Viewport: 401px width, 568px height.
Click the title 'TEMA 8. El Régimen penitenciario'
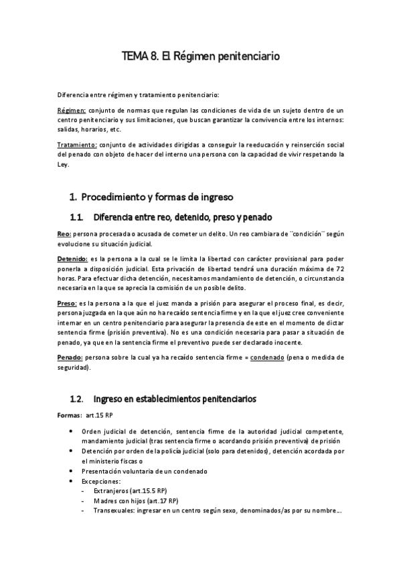click(200, 57)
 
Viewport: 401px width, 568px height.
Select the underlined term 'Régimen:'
click(71, 110)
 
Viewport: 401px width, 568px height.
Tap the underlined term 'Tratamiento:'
click(78, 144)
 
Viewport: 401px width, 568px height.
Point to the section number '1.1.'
click(76, 217)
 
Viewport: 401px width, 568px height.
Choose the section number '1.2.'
click(76, 399)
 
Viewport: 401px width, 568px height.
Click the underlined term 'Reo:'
click(65, 233)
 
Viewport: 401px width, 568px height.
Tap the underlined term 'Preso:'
click(68, 303)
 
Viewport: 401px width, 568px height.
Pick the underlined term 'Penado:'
click(71, 358)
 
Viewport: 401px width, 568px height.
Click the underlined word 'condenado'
click(266, 358)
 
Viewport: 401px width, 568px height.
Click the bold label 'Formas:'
click(69, 416)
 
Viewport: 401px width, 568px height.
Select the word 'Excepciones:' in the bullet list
click(101, 482)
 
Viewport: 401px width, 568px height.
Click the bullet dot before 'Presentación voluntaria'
click(72, 471)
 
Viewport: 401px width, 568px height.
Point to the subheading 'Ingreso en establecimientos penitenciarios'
click(174, 399)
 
